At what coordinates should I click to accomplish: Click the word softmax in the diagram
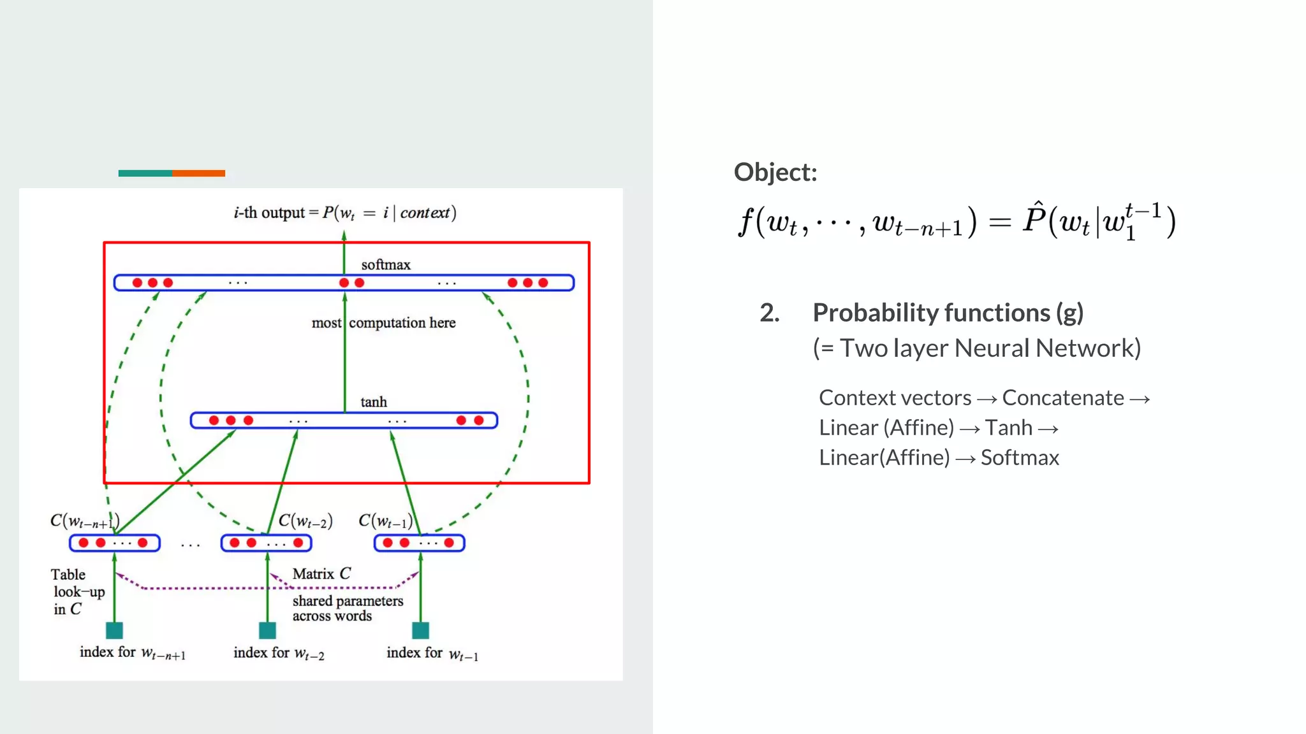pyautogui.click(x=385, y=264)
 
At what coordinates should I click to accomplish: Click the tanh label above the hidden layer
pyautogui.click(x=373, y=402)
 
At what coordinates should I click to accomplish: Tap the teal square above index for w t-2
pyautogui.click(x=267, y=630)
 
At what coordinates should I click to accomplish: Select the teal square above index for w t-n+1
pyautogui.click(x=114, y=630)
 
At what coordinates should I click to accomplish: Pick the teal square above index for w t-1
pyautogui.click(x=420, y=630)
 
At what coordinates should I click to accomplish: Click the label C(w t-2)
pyautogui.click(x=305, y=521)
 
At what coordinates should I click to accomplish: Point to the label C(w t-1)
pyautogui.click(x=385, y=521)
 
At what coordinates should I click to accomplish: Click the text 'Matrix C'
pyautogui.click(x=321, y=573)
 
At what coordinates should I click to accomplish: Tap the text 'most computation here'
pyautogui.click(x=383, y=323)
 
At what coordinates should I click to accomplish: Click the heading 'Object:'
pyautogui.click(x=775, y=172)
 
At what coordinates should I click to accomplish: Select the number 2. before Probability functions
pyautogui.click(x=769, y=313)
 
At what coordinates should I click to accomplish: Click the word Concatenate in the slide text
pyautogui.click(x=1062, y=398)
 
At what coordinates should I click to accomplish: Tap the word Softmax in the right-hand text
pyautogui.click(x=1019, y=457)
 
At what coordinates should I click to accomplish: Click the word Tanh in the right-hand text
pyautogui.click(x=1008, y=428)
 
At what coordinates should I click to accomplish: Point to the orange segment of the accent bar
pyautogui.click(x=198, y=173)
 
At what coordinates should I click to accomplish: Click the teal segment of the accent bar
pyautogui.click(x=145, y=173)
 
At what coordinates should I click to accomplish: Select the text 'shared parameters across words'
pyautogui.click(x=347, y=608)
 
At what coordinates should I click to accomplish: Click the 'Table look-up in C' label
pyautogui.click(x=77, y=592)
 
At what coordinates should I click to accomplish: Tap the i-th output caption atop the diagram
pyautogui.click(x=344, y=213)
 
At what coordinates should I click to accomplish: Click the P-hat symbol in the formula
pyautogui.click(x=1034, y=219)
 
